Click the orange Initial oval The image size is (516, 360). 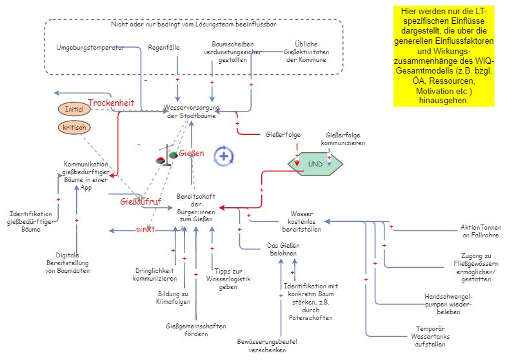tap(74, 109)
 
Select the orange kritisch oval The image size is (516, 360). tap(74, 128)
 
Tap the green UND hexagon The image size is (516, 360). tap(315, 164)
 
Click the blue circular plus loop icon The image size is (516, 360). tap(224, 155)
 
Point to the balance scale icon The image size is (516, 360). tap(166, 155)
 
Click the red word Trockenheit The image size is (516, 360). tap(111, 103)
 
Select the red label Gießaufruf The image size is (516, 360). tap(141, 201)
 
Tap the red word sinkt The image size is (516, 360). tap(144, 230)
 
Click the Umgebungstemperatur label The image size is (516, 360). tap(90, 48)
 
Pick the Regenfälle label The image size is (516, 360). tap(164, 48)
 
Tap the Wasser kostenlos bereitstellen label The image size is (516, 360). tap(301, 221)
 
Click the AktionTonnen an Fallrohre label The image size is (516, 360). tap(481, 231)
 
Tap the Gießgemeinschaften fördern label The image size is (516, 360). tap(196, 330)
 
